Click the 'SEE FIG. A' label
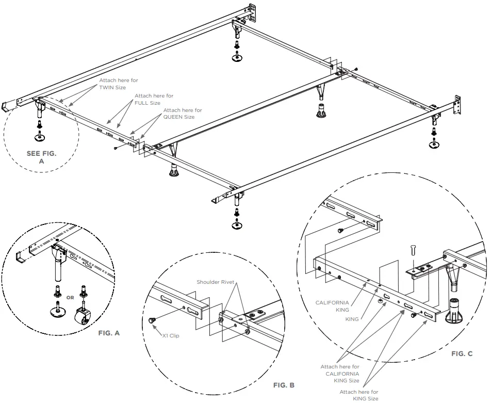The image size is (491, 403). pos(41,157)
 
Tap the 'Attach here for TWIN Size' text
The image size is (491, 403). pos(119,84)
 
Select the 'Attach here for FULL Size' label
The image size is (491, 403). pos(154,100)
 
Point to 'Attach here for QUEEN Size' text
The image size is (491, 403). pos(183,114)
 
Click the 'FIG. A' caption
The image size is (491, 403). pos(109,333)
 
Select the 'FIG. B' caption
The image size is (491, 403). pos(284,385)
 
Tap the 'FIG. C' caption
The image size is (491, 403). pos(462,353)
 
